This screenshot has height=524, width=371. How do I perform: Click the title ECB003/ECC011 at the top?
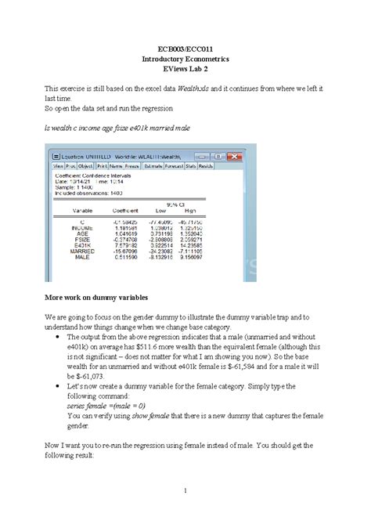[185, 49]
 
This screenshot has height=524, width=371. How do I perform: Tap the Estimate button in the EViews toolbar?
[152, 166]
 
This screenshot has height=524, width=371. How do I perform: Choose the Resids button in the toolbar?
[205, 166]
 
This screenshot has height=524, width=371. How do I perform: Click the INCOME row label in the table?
[82, 227]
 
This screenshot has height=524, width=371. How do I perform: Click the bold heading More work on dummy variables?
[102, 299]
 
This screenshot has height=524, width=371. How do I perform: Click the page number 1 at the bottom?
[185, 491]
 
